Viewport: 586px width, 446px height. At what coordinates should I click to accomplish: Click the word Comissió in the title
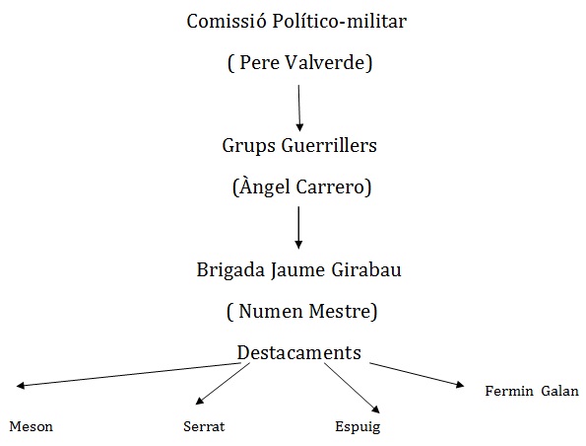[x=227, y=21]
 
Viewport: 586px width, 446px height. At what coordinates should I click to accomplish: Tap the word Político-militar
[x=339, y=21]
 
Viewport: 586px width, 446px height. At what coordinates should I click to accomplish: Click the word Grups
[x=248, y=147]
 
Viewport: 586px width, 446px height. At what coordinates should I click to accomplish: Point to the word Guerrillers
[x=329, y=145]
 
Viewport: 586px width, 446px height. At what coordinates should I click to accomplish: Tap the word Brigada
[x=230, y=270]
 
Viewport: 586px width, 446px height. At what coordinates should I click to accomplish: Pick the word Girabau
[x=366, y=269]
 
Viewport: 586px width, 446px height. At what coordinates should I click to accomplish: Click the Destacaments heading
[x=299, y=353]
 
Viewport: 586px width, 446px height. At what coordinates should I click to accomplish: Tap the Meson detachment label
[x=31, y=426]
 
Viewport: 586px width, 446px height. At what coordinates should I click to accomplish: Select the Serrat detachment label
[x=204, y=426]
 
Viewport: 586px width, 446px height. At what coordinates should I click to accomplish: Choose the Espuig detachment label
[x=358, y=427]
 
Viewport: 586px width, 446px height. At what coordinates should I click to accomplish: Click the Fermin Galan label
[x=532, y=391]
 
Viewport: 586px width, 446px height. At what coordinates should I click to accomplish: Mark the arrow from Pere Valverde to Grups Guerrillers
[x=299, y=109]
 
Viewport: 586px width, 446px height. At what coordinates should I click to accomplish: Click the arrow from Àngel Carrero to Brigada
[x=298, y=227]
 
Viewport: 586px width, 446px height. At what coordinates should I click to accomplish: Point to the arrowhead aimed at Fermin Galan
[x=461, y=384]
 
